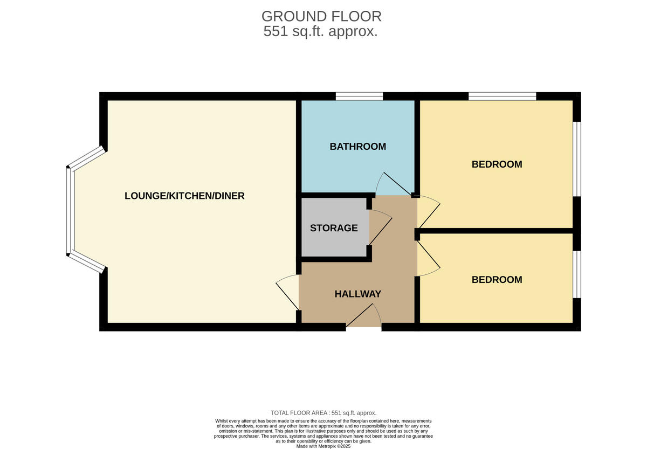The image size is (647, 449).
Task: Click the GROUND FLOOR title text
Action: [x=321, y=16]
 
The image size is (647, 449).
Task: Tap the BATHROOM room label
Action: [x=358, y=147]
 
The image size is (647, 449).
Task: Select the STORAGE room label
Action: [x=334, y=228]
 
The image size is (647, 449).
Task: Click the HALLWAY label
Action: [x=357, y=294]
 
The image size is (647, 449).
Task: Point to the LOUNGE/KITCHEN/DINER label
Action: [x=184, y=196]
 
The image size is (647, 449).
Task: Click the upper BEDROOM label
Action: [x=497, y=164]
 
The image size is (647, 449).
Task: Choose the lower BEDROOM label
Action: [x=497, y=280]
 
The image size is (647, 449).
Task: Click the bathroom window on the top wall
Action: [x=359, y=96]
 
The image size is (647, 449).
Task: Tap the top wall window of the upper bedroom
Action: [x=502, y=96]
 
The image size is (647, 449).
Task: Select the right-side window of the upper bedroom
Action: [x=576, y=158]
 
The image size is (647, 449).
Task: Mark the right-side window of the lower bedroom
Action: [x=576, y=274]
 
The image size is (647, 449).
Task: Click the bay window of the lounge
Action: [x=70, y=210]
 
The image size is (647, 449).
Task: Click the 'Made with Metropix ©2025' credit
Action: [x=323, y=446]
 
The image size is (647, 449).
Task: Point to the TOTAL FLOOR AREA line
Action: [x=323, y=412]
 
